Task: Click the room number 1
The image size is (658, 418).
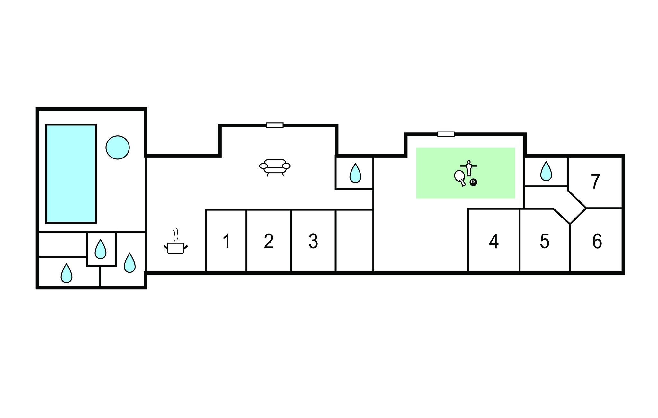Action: point(227,241)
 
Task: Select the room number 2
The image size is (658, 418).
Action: point(269,241)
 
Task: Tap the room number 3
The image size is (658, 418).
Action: point(313,241)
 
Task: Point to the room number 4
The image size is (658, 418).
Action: point(494,241)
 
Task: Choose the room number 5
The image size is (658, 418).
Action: point(545,241)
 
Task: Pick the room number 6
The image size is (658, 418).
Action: point(597,241)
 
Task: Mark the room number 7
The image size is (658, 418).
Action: point(596,182)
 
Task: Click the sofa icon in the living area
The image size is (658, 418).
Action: point(275,167)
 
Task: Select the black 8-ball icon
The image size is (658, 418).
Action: point(473,182)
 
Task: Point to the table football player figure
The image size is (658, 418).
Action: point(469,168)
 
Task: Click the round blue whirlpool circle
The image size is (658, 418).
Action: point(118,147)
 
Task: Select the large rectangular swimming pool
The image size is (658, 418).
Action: point(71,174)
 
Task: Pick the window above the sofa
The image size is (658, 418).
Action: point(275,125)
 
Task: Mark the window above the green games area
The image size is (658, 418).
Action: point(446,134)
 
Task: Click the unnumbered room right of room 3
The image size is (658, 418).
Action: point(354,241)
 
